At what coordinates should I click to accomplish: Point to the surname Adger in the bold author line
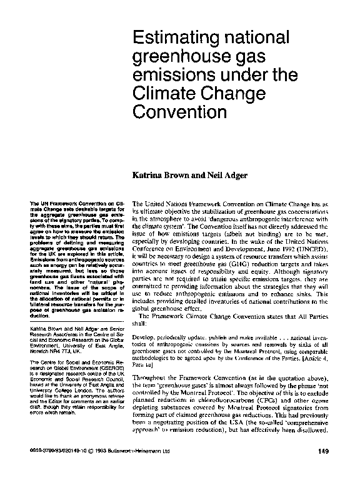(231, 176)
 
